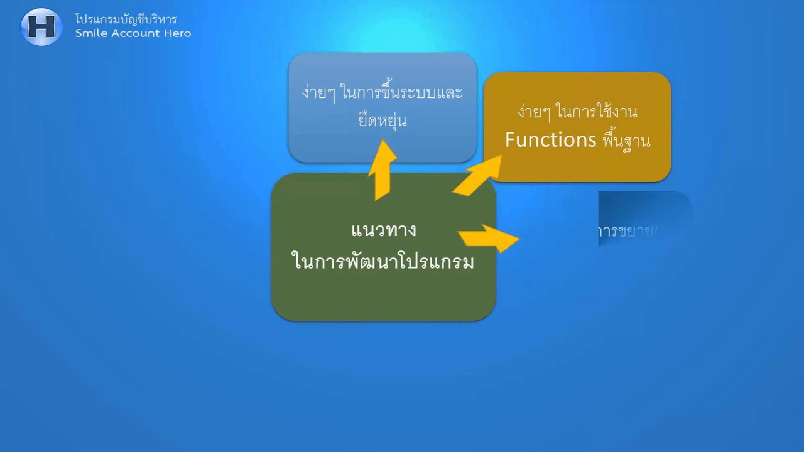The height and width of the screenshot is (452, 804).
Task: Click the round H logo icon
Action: (41, 27)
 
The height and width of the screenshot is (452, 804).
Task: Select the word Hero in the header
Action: (178, 33)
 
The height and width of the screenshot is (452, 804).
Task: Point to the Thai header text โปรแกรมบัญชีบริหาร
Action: (126, 19)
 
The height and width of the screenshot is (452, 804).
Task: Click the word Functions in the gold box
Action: (550, 139)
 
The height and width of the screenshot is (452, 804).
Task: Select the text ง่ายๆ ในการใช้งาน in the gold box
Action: (577, 112)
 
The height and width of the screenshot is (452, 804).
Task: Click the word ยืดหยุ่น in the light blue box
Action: (383, 121)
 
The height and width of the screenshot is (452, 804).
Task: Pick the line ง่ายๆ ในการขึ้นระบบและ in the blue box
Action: (382, 94)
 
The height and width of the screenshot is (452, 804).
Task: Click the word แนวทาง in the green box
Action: (383, 230)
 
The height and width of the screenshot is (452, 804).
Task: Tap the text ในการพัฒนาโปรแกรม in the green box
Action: (383, 261)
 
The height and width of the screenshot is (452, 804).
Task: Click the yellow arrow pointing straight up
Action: (382, 171)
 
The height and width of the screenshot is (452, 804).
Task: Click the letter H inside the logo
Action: (41, 27)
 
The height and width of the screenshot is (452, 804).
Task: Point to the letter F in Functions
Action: (510, 139)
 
